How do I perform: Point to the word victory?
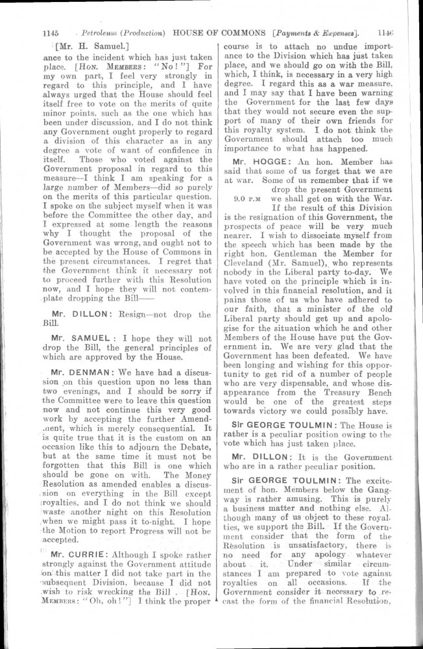click(x=287, y=393)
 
